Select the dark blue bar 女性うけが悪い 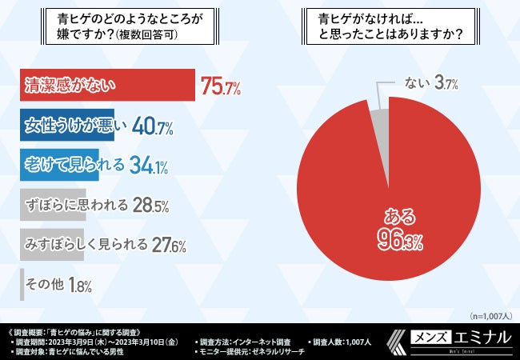67,125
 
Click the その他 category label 46,283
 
